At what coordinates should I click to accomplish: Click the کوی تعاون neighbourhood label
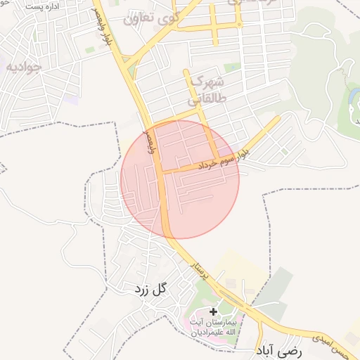coord(155,18)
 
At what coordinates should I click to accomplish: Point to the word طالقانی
coord(227,99)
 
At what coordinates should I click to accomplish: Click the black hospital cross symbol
coord(214,311)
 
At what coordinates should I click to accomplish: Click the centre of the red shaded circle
coord(180,179)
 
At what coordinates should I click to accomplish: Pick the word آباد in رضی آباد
coord(270,349)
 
